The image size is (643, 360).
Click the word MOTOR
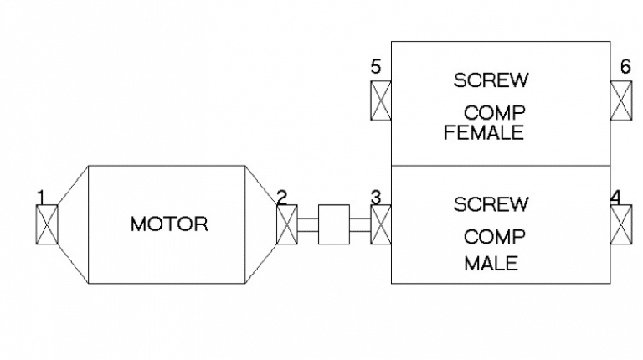pyautogui.click(x=169, y=224)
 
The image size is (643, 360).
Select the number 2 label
pyautogui.click(x=281, y=198)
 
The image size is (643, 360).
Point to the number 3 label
pyautogui.click(x=376, y=198)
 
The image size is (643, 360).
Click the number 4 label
pyautogui.click(x=615, y=198)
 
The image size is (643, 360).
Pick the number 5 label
pyautogui.click(x=376, y=66)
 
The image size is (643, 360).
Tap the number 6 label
pyautogui.click(x=625, y=66)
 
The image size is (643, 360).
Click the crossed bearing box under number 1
pyautogui.click(x=46, y=224)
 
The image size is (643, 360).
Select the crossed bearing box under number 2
pyautogui.click(x=287, y=224)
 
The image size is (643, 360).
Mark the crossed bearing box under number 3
pyautogui.click(x=381, y=224)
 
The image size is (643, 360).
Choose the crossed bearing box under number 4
pyautogui.click(x=621, y=224)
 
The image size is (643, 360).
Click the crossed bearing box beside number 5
pyautogui.click(x=381, y=101)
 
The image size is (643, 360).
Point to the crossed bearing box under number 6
pyautogui.click(x=621, y=101)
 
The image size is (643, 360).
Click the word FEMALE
pyautogui.click(x=484, y=132)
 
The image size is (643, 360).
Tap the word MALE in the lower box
pyautogui.click(x=491, y=264)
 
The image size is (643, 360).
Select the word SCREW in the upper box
pyautogui.click(x=491, y=80)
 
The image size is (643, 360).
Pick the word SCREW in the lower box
pyautogui.click(x=491, y=203)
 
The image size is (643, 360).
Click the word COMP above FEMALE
pyautogui.click(x=495, y=112)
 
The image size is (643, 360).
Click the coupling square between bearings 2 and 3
pyautogui.click(x=334, y=224)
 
